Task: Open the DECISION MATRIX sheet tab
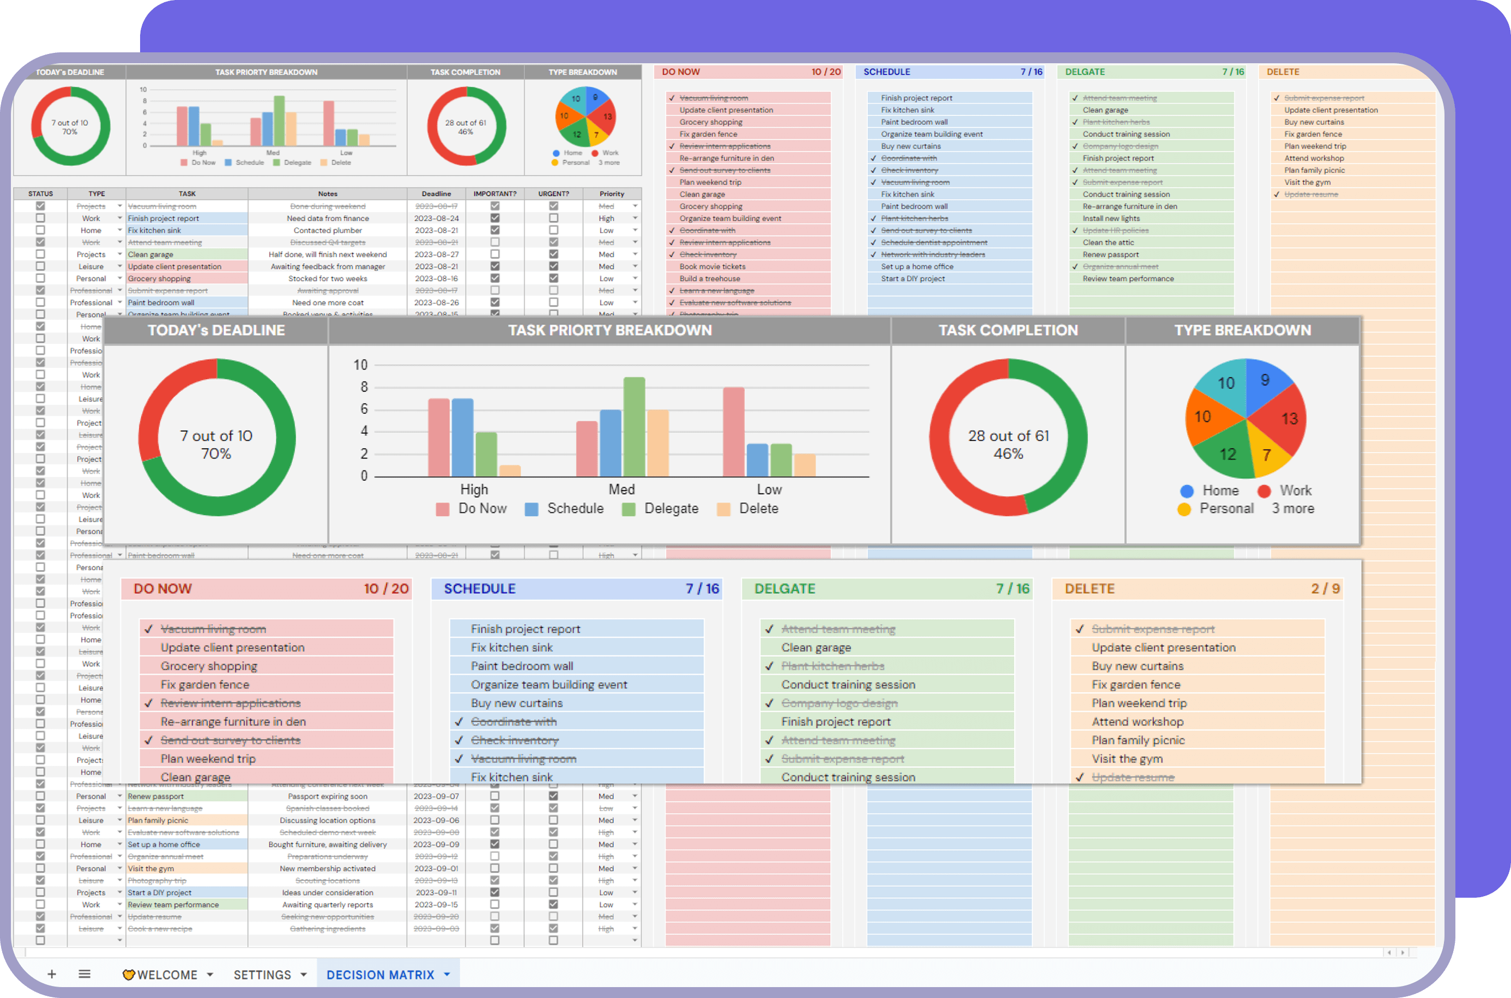tap(380, 975)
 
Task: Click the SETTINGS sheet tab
tap(262, 975)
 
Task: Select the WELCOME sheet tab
tap(167, 975)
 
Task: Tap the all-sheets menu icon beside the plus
tap(84, 974)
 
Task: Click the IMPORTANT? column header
tap(494, 193)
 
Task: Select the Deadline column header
tap(436, 193)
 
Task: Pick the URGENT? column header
tap(553, 193)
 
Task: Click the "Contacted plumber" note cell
tap(327, 231)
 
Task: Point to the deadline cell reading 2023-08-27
tap(436, 255)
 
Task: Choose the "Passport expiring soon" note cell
tap(327, 796)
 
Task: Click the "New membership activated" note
tap(327, 869)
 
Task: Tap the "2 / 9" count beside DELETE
tap(1325, 589)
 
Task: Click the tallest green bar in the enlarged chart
tap(634, 426)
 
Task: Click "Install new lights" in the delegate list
tap(1111, 219)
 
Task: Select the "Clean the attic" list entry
tap(1108, 243)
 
